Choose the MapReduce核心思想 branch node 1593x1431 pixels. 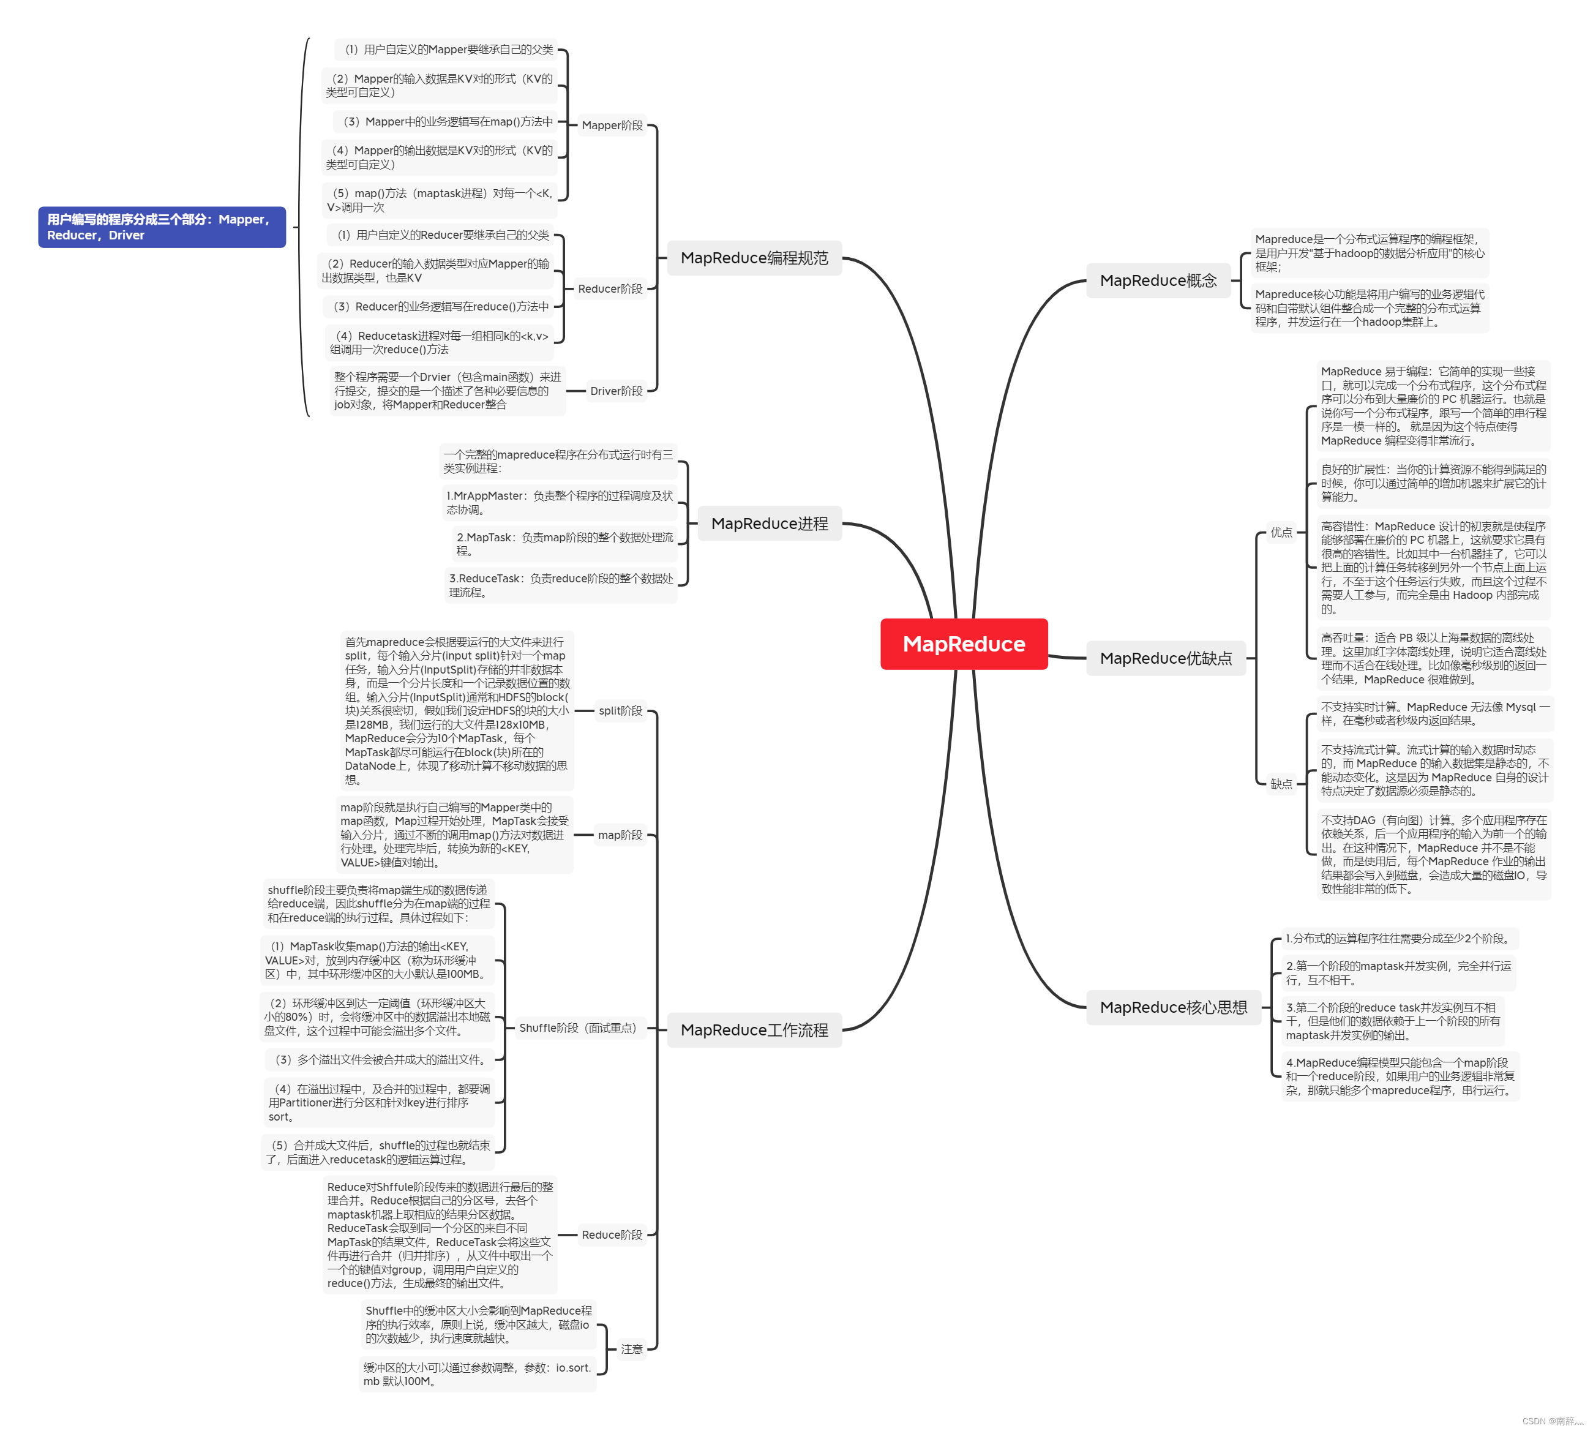[1172, 1007]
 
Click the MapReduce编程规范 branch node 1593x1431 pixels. [754, 258]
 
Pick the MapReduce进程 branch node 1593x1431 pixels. [769, 524]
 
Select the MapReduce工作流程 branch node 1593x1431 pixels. [754, 1030]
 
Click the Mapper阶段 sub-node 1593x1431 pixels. [612, 125]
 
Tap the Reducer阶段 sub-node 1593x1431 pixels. [610, 288]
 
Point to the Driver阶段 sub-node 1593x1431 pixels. [616, 391]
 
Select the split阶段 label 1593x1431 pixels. [620, 711]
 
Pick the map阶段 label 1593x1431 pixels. [620, 835]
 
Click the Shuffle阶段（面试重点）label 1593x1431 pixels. [578, 1027]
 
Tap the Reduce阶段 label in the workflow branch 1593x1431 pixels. [612, 1234]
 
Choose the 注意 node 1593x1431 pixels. [631, 1348]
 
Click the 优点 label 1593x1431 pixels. [1281, 532]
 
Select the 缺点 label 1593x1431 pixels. [1281, 784]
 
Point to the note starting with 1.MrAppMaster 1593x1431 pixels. [559, 503]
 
